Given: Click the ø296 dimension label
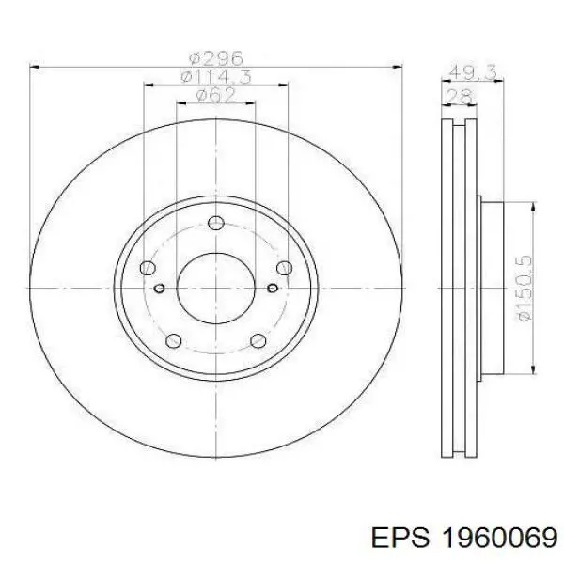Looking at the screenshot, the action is pos(216,58).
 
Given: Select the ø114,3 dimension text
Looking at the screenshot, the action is pos(216,77).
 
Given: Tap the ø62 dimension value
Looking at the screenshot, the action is pos(216,95).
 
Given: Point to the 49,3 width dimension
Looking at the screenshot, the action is pos(473,72).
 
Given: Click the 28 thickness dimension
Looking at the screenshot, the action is pos(459,97).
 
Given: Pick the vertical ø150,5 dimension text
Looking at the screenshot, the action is pos(524,289).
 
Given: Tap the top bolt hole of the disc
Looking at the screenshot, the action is pos(216,223).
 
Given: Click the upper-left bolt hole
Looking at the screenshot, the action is pos(148,268).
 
